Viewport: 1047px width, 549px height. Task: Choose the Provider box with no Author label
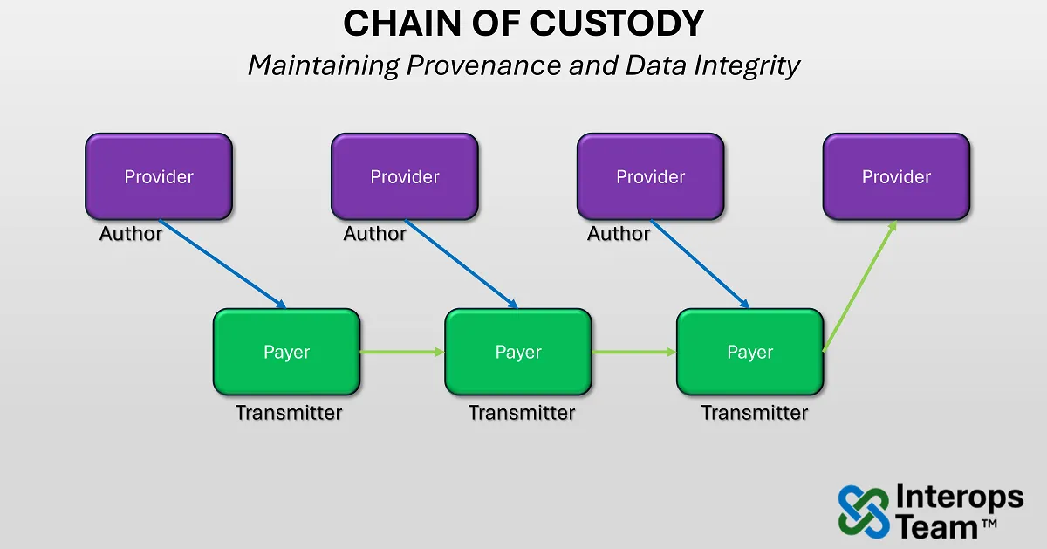pos(896,176)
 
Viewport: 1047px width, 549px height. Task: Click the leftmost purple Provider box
pos(159,176)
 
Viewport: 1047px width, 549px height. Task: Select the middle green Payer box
pos(518,352)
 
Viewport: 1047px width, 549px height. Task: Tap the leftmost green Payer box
pos(286,352)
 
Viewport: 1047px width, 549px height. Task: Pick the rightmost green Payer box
pos(750,352)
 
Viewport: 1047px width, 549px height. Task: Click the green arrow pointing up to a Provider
pos(859,286)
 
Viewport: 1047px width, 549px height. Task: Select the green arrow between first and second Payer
pos(402,352)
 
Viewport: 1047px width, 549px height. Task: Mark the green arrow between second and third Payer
pos(634,352)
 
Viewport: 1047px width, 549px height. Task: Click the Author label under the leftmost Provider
pos(131,234)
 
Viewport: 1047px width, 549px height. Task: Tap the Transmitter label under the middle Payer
pos(522,413)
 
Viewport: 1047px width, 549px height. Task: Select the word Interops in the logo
pos(959,498)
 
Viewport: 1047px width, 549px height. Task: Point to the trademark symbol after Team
pos(989,523)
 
